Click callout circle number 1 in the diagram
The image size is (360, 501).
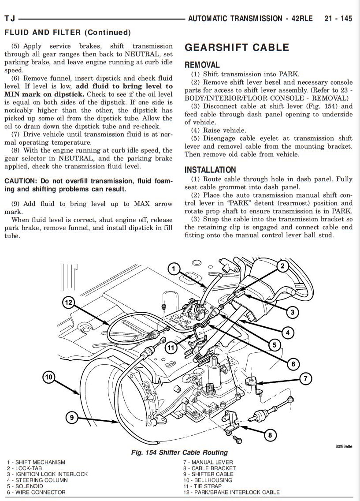tap(174, 269)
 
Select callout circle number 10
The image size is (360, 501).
tap(48, 377)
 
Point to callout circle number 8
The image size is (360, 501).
tap(270, 436)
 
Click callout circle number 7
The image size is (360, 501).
tap(305, 378)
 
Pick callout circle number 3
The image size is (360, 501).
tap(292, 313)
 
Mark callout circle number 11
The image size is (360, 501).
tap(171, 348)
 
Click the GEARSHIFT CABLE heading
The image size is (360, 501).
tap(237, 48)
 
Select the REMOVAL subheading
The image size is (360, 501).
tap(202, 65)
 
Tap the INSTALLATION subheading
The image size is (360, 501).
tap(210, 170)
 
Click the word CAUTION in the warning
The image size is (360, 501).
tap(21, 181)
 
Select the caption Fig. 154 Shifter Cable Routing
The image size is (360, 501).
tap(179, 452)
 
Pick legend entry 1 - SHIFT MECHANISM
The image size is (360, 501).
tap(36, 462)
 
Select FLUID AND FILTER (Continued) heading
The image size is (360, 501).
tap(67, 32)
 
